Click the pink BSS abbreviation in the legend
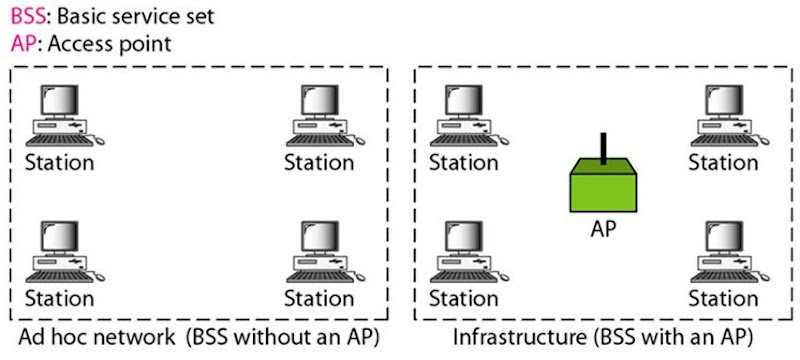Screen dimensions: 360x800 [x=24, y=17]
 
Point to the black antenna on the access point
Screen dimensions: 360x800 [x=603, y=147]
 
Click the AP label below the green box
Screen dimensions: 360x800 [x=602, y=228]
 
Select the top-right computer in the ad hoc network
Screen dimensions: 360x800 [x=322, y=116]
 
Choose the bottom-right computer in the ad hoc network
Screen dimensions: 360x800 [x=322, y=252]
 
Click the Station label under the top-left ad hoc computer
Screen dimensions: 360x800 [x=59, y=162]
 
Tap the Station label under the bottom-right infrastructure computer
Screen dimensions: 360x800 [x=723, y=298]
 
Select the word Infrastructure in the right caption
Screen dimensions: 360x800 [x=507, y=334]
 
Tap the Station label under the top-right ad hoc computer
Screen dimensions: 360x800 [x=319, y=162]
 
